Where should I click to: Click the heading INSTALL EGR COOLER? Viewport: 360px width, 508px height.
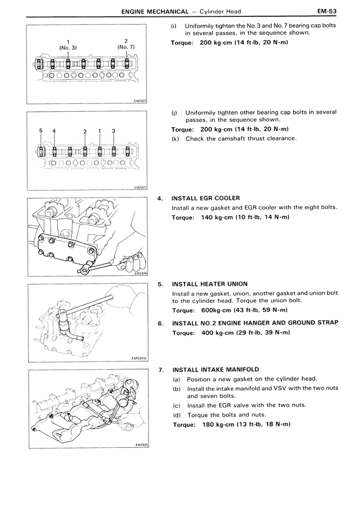pyautogui.click(x=206, y=198)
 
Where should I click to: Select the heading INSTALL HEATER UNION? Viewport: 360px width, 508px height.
pyautogui.click(x=209, y=284)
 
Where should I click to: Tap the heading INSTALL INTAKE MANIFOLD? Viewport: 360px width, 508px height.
pyautogui.click(x=215, y=369)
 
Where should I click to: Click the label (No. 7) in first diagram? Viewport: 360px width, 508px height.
pyautogui.click(x=126, y=47)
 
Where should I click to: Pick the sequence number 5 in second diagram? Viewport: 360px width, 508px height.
pyautogui.click(x=41, y=131)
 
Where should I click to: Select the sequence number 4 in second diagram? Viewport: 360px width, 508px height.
pyautogui.click(x=54, y=131)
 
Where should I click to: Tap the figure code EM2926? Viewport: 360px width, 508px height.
pyautogui.click(x=140, y=274)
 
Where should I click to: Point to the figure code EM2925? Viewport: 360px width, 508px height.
pyautogui.click(x=140, y=444)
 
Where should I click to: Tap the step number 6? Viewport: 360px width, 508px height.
pyautogui.click(x=161, y=324)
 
